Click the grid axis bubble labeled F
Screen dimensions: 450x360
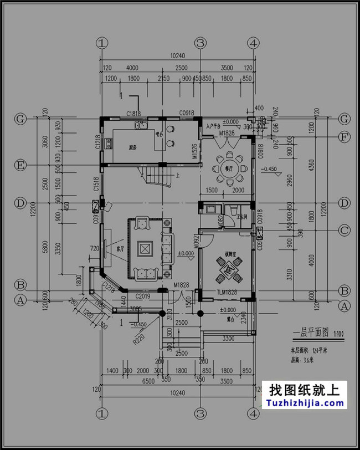[x=344, y=136]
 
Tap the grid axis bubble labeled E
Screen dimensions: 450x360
[x=21, y=165]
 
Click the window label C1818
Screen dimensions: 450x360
[x=133, y=114]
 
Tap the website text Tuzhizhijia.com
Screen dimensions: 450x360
[x=307, y=403]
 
